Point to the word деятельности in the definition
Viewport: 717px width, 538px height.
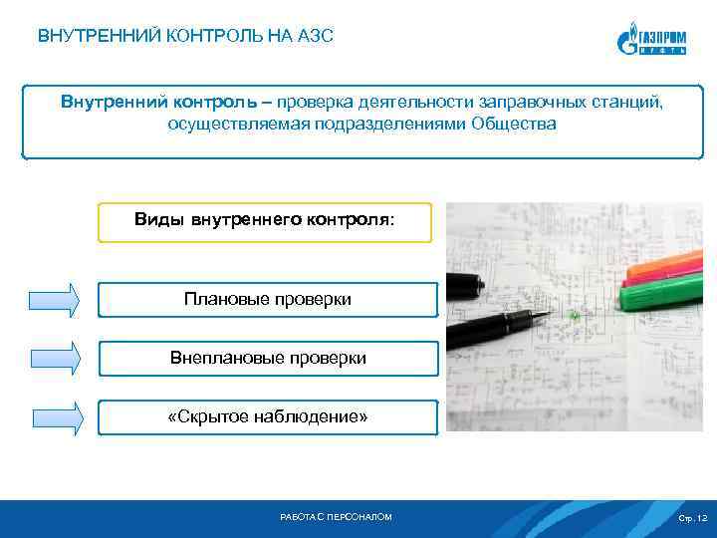[411, 103]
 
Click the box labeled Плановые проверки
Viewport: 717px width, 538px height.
[267, 300]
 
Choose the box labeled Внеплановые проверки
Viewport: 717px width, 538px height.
[267, 358]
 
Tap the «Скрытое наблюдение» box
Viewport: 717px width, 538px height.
[267, 416]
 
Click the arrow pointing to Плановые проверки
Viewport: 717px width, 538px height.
[55, 300]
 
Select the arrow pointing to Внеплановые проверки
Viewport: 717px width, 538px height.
[55, 358]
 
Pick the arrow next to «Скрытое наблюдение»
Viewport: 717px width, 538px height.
[55, 416]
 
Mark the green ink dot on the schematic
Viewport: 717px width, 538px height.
[575, 316]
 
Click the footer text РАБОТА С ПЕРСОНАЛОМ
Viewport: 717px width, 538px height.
[337, 517]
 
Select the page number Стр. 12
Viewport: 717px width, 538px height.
[691, 518]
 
